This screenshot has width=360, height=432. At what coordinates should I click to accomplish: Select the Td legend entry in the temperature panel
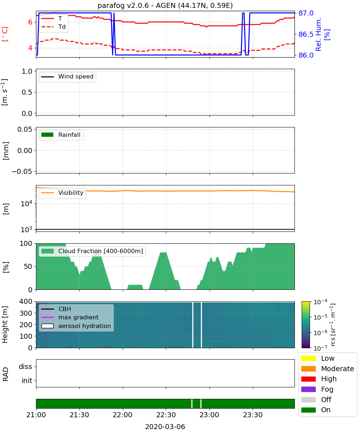(x=53, y=27)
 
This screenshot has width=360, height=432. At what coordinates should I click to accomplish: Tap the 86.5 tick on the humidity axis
(x=306, y=34)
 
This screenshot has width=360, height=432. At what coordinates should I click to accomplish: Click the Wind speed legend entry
(x=67, y=77)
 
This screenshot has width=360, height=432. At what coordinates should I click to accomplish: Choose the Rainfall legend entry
(x=61, y=135)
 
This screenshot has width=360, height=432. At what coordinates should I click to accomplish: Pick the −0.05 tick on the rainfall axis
(x=22, y=171)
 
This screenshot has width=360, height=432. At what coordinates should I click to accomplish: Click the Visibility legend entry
(x=62, y=193)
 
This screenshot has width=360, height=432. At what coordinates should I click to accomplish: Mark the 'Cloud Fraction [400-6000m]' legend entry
(x=92, y=251)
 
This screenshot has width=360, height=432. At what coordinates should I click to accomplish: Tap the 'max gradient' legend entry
(x=70, y=317)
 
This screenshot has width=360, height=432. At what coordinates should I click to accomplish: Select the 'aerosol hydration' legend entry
(x=76, y=326)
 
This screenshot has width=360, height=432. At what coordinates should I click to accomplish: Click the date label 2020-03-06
(x=165, y=427)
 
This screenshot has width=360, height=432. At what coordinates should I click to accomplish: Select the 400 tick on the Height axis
(x=26, y=301)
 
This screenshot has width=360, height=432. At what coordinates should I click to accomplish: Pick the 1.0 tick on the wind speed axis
(x=27, y=71)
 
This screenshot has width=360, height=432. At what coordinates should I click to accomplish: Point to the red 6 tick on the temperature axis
(x=30, y=22)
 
